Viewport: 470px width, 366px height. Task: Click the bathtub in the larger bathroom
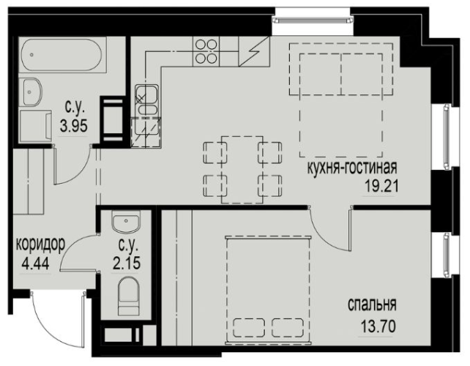pyautogui.click(x=62, y=55)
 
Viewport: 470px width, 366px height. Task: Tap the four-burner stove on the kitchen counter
pyautogui.click(x=206, y=51)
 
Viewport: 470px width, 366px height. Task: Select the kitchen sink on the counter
pyautogui.click(x=146, y=100)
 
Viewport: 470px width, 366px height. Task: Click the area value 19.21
pyautogui.click(x=381, y=187)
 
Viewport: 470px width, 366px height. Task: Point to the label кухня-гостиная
pyautogui.click(x=352, y=168)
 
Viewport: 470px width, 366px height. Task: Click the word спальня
pyautogui.click(x=372, y=305)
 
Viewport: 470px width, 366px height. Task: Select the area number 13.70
pyautogui.click(x=378, y=326)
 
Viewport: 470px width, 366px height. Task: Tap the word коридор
pyautogui.click(x=40, y=244)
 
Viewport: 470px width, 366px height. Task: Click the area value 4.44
pyautogui.click(x=35, y=264)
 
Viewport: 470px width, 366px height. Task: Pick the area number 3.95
pyautogui.click(x=74, y=126)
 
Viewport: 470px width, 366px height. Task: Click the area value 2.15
pyautogui.click(x=127, y=264)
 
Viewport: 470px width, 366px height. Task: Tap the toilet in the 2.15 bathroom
pyautogui.click(x=129, y=296)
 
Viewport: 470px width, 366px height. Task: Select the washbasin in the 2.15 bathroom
pyautogui.click(x=126, y=222)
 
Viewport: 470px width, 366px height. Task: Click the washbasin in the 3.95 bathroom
pyautogui.click(x=30, y=92)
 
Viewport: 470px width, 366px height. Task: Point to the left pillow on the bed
pyautogui.click(x=249, y=328)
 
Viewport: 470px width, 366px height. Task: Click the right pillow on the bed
pyautogui.click(x=288, y=328)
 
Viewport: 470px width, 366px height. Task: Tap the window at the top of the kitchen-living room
pyautogui.click(x=313, y=20)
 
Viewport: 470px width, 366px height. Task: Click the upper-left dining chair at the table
pyautogui.click(x=215, y=153)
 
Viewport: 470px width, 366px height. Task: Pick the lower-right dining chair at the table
pyautogui.click(x=269, y=185)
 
